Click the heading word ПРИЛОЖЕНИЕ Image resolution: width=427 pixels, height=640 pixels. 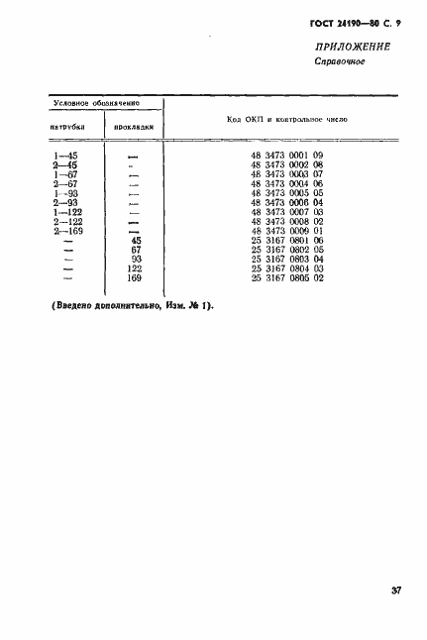pyautogui.click(x=354, y=47)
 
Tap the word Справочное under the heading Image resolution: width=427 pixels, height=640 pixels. pyautogui.click(x=341, y=63)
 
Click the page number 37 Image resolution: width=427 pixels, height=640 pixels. pyautogui.click(x=395, y=591)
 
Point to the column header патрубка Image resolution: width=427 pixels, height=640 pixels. pyautogui.click(x=66, y=128)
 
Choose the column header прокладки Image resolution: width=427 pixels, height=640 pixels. pyautogui.click(x=134, y=128)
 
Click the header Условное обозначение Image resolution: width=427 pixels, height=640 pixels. pyautogui.click(x=96, y=102)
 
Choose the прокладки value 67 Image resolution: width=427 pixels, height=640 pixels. pyautogui.click(x=136, y=250)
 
